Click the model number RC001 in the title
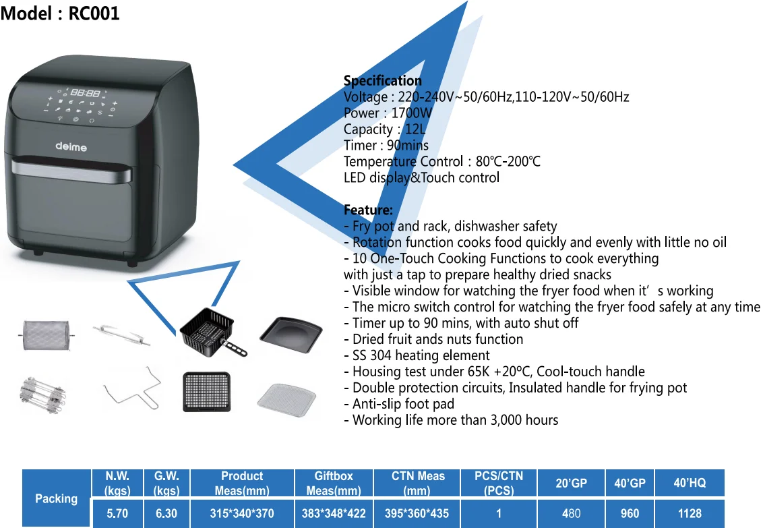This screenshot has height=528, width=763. point(94,13)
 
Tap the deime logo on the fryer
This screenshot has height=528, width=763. point(71,146)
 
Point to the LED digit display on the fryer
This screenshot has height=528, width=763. point(86,94)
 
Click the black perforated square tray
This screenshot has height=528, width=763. point(206,391)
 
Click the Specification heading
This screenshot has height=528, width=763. point(382,81)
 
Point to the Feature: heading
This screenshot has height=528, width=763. point(368,210)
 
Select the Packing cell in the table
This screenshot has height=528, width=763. point(57,498)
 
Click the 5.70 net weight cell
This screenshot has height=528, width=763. point(117,514)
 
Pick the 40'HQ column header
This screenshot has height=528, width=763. point(690,483)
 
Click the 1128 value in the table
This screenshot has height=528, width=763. point(690,514)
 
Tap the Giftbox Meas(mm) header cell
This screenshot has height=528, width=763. point(334,483)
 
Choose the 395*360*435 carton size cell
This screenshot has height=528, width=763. point(417,514)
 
